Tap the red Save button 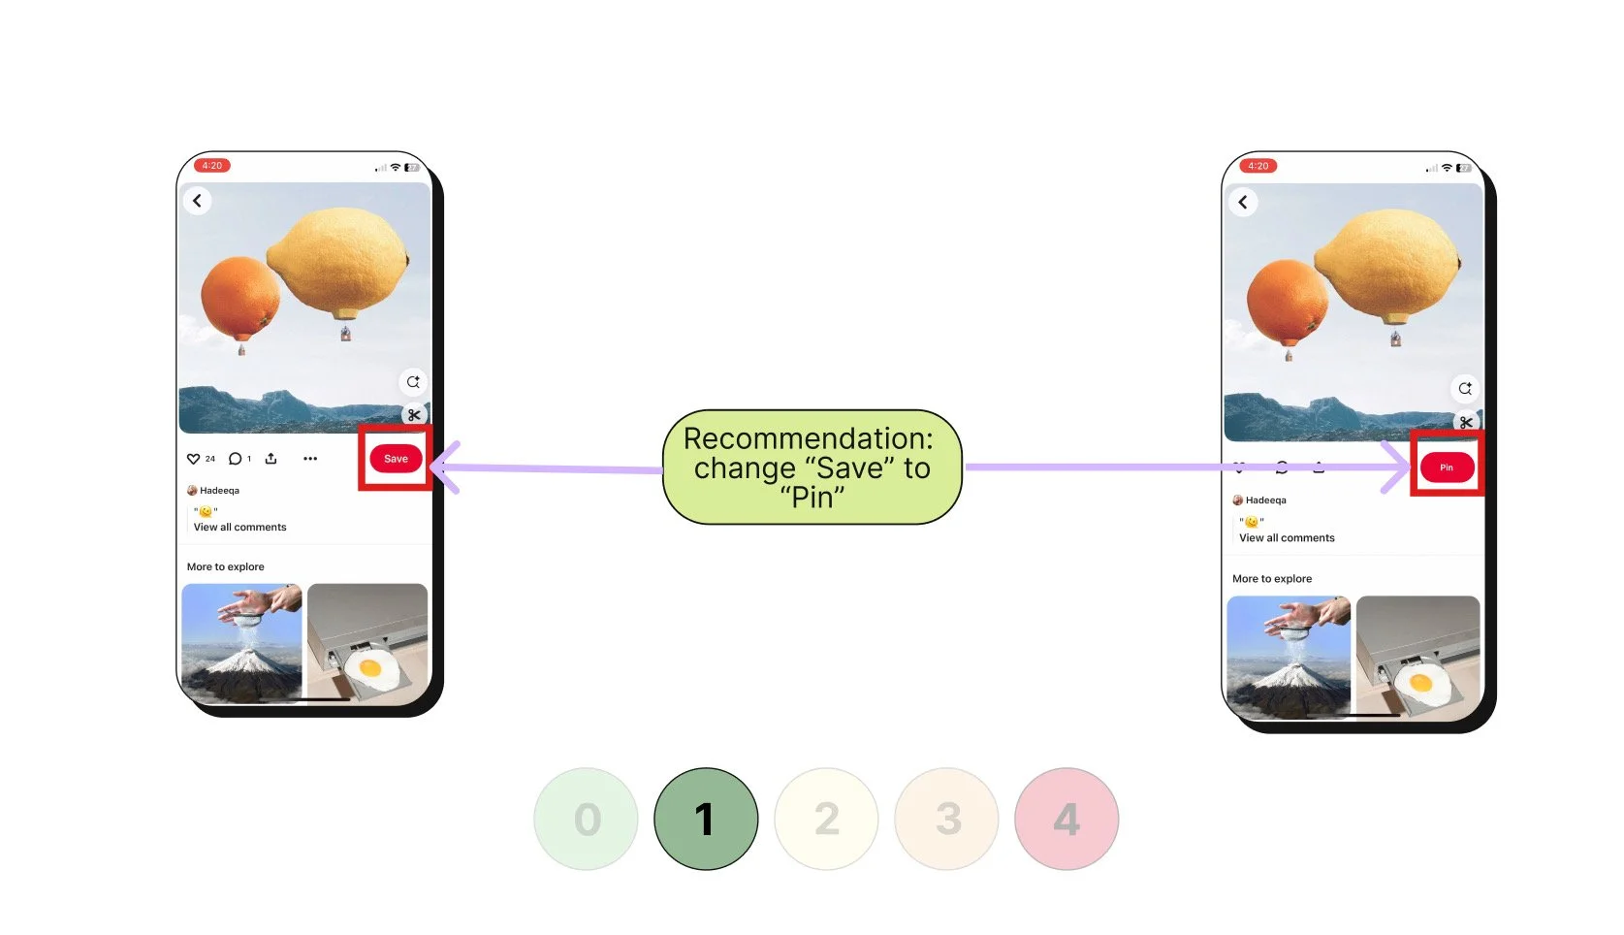396,459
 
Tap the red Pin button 1447,467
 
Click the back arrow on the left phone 198,201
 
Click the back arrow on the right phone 1243,203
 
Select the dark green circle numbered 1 706,820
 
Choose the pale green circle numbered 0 587,820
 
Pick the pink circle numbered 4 1067,820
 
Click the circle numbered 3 946,820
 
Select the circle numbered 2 826,820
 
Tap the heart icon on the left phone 193,459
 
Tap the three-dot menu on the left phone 310,459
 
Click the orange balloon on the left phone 239,296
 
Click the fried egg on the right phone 1420,685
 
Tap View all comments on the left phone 239,528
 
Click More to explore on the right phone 1271,579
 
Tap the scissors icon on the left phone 414,415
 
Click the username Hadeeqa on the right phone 1265,500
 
